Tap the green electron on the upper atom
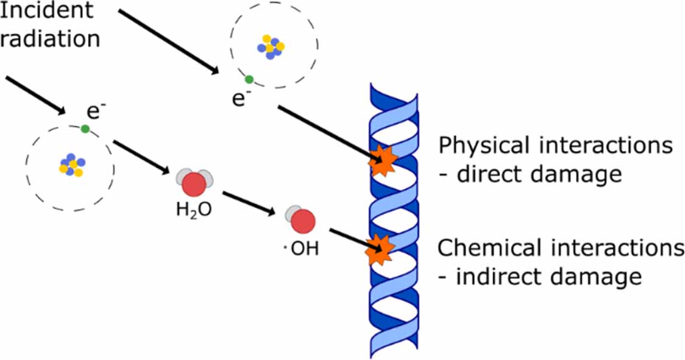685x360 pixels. click(x=249, y=79)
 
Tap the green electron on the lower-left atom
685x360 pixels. click(x=85, y=129)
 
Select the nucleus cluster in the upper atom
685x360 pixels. click(x=271, y=46)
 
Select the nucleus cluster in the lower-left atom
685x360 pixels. click(x=72, y=165)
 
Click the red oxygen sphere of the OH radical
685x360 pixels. click(x=304, y=221)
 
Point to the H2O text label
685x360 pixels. click(x=194, y=212)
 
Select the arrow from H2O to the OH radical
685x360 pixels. click(x=247, y=203)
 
